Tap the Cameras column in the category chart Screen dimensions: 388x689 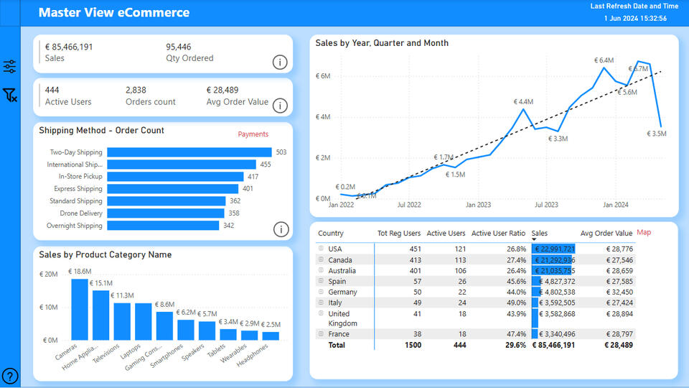coord(79,310)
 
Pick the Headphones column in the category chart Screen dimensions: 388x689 coord(271,336)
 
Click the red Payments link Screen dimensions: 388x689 coord(253,134)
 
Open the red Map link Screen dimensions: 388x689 coord(644,233)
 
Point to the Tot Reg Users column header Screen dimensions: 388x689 coord(399,234)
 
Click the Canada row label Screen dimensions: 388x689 coord(339,260)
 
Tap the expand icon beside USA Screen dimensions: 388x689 coord(321,249)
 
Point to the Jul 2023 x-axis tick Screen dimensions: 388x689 coord(546,205)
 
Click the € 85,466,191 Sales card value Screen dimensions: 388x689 coord(69,47)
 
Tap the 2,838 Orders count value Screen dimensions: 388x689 coord(136,91)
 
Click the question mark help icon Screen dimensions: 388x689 coord(10,375)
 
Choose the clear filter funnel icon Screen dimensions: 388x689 coord(10,95)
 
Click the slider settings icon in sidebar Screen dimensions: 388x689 coord(10,67)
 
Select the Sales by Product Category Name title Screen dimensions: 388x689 coord(105,254)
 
